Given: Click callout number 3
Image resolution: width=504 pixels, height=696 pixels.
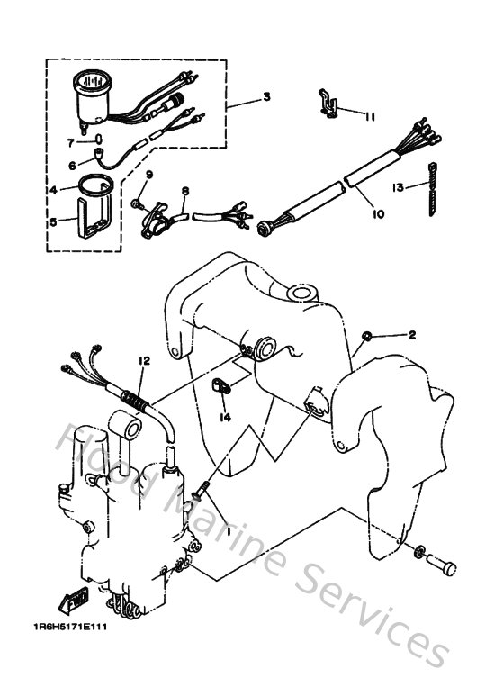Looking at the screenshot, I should point(265,96).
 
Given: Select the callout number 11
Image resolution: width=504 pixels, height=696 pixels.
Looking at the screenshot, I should point(370,115).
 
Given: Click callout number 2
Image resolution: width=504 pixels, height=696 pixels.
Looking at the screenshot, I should point(412,335).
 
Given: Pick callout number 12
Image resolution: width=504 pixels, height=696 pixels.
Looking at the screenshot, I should point(142,360).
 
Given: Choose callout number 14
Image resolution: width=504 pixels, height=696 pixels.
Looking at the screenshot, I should point(225,418).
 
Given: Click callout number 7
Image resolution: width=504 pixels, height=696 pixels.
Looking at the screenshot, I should point(69,141).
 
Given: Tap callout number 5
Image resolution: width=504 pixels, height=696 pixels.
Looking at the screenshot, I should point(52,219).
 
